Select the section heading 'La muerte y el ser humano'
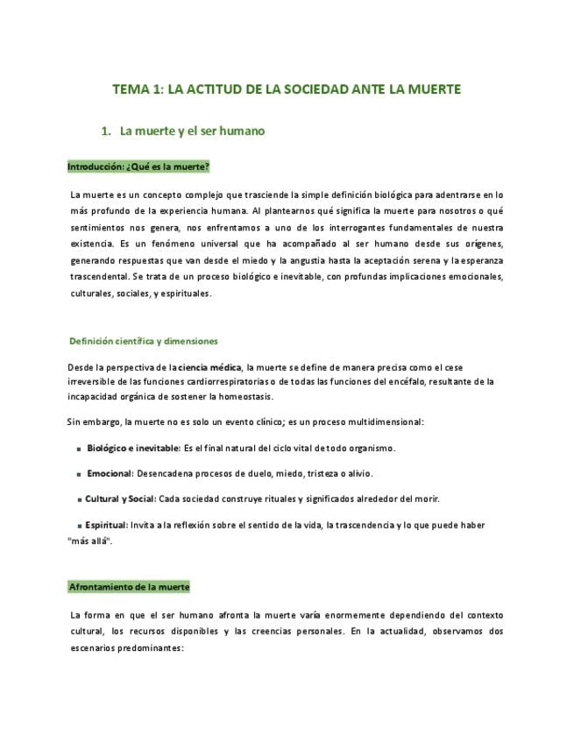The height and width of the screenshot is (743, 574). click(192, 131)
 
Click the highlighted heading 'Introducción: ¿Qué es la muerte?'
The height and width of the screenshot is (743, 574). click(138, 166)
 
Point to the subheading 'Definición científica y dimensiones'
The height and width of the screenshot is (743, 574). click(144, 341)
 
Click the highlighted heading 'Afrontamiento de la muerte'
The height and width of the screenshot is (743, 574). click(129, 587)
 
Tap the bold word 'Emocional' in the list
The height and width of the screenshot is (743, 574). click(110, 474)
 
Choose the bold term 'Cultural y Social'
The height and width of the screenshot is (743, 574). click(120, 499)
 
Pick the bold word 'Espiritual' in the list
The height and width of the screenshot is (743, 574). click(105, 525)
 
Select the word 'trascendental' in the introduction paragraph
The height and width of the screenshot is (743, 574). click(99, 277)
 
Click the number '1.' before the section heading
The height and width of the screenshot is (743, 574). click(107, 131)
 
